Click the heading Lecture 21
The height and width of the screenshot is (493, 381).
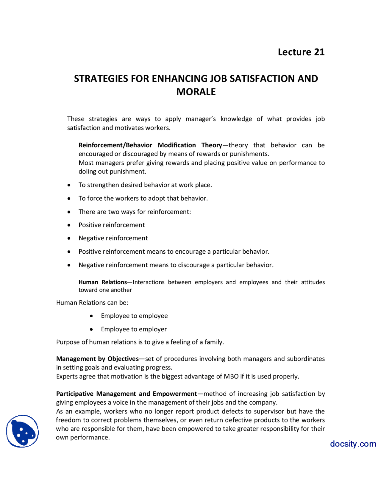tap(301, 52)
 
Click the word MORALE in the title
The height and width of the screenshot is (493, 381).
tap(196, 92)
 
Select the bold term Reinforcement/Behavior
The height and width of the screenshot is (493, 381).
tap(115, 145)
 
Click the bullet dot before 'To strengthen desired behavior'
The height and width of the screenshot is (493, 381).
tap(69, 185)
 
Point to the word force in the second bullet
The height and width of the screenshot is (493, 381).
tap(94, 198)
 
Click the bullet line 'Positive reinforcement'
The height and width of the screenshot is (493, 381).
tap(112, 225)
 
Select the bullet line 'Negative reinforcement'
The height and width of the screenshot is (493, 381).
tap(113, 238)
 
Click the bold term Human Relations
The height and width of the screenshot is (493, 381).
tap(103, 282)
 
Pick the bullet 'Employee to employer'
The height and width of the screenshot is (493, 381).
tap(134, 329)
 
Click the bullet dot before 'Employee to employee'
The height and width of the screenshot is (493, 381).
tap(91, 316)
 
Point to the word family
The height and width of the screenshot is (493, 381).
tap(214, 342)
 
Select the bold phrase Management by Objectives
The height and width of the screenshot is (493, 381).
tap(97, 359)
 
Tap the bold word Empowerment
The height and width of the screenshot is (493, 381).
tap(175, 394)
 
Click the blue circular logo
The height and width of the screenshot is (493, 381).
tap(23, 431)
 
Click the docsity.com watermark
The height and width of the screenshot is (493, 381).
tap(353, 444)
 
